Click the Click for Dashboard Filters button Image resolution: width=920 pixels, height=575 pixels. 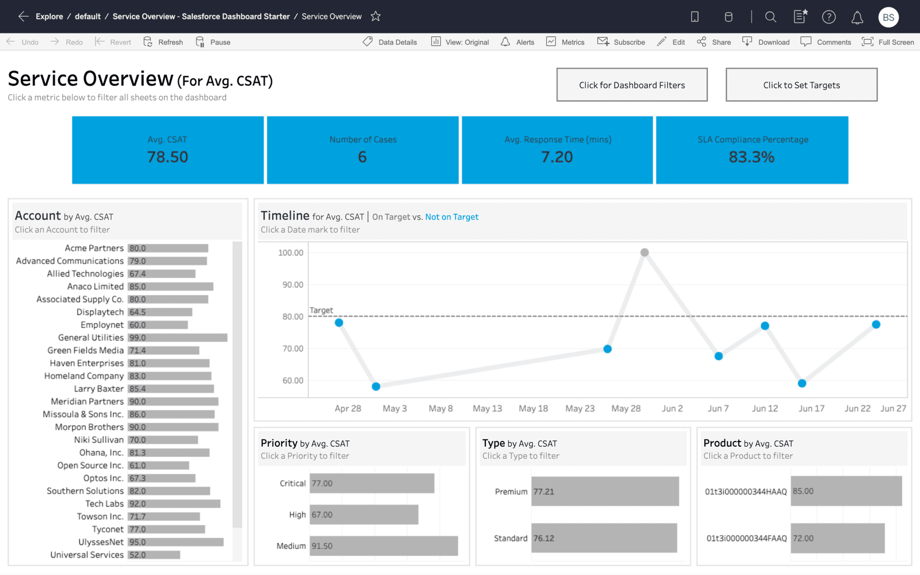coord(631,85)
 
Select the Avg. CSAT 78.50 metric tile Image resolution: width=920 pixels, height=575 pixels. coord(167,150)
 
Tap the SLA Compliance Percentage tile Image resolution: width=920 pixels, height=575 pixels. coord(752,150)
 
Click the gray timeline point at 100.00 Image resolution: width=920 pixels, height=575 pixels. coord(645,252)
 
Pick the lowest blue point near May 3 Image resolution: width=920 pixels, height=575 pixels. coord(375,386)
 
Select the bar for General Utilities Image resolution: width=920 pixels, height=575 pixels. coord(177,338)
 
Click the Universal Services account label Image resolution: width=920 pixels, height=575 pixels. coord(87,555)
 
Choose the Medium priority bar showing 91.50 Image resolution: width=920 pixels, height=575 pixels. coord(384,546)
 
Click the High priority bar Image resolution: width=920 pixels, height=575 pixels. coord(363,515)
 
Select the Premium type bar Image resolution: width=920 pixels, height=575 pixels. coord(604,492)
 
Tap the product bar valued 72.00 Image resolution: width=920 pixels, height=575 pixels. coord(837,538)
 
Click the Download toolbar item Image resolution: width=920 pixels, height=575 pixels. coord(766,42)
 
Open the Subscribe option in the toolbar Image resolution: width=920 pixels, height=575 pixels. coord(622,42)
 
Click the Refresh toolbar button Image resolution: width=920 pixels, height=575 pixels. coord(163,42)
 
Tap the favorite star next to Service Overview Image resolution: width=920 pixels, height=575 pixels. coord(375,17)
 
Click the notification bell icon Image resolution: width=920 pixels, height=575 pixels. coord(857,17)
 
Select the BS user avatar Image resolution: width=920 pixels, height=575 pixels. coord(888,17)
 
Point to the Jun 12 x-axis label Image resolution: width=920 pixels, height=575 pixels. coord(765,408)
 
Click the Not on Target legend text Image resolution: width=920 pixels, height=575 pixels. coord(451,217)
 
